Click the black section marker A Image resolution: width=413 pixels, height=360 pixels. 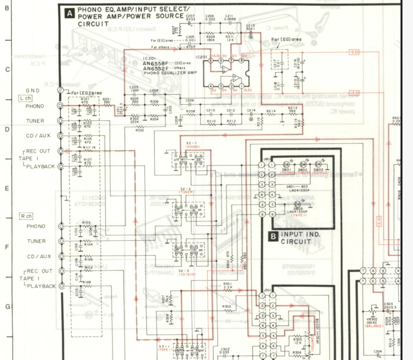point(70,14)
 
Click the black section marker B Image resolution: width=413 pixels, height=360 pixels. point(273,236)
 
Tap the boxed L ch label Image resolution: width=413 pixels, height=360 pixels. point(25,98)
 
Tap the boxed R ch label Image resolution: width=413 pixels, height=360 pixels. point(25,216)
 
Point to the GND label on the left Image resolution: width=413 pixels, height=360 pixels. point(33,90)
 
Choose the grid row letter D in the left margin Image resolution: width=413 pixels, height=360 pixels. point(7,128)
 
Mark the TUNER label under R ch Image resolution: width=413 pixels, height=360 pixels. point(36,241)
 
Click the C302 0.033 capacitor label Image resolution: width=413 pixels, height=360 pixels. point(225,351)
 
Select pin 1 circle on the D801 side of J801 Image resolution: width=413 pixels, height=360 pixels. point(271,165)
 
